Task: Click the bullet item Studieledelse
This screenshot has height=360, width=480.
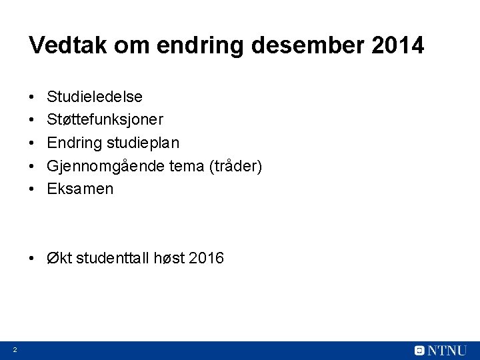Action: pos(94,97)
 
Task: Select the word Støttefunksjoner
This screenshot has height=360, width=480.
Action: pos(105,120)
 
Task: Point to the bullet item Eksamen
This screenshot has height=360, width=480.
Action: pos(80,189)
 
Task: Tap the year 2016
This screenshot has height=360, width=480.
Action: pos(206,257)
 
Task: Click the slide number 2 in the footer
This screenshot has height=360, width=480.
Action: pos(14,350)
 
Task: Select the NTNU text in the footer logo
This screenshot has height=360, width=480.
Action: pos(449,350)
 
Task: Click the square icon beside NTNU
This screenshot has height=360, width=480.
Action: pos(419,350)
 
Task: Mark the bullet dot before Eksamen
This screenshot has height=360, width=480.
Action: pos(33,189)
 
